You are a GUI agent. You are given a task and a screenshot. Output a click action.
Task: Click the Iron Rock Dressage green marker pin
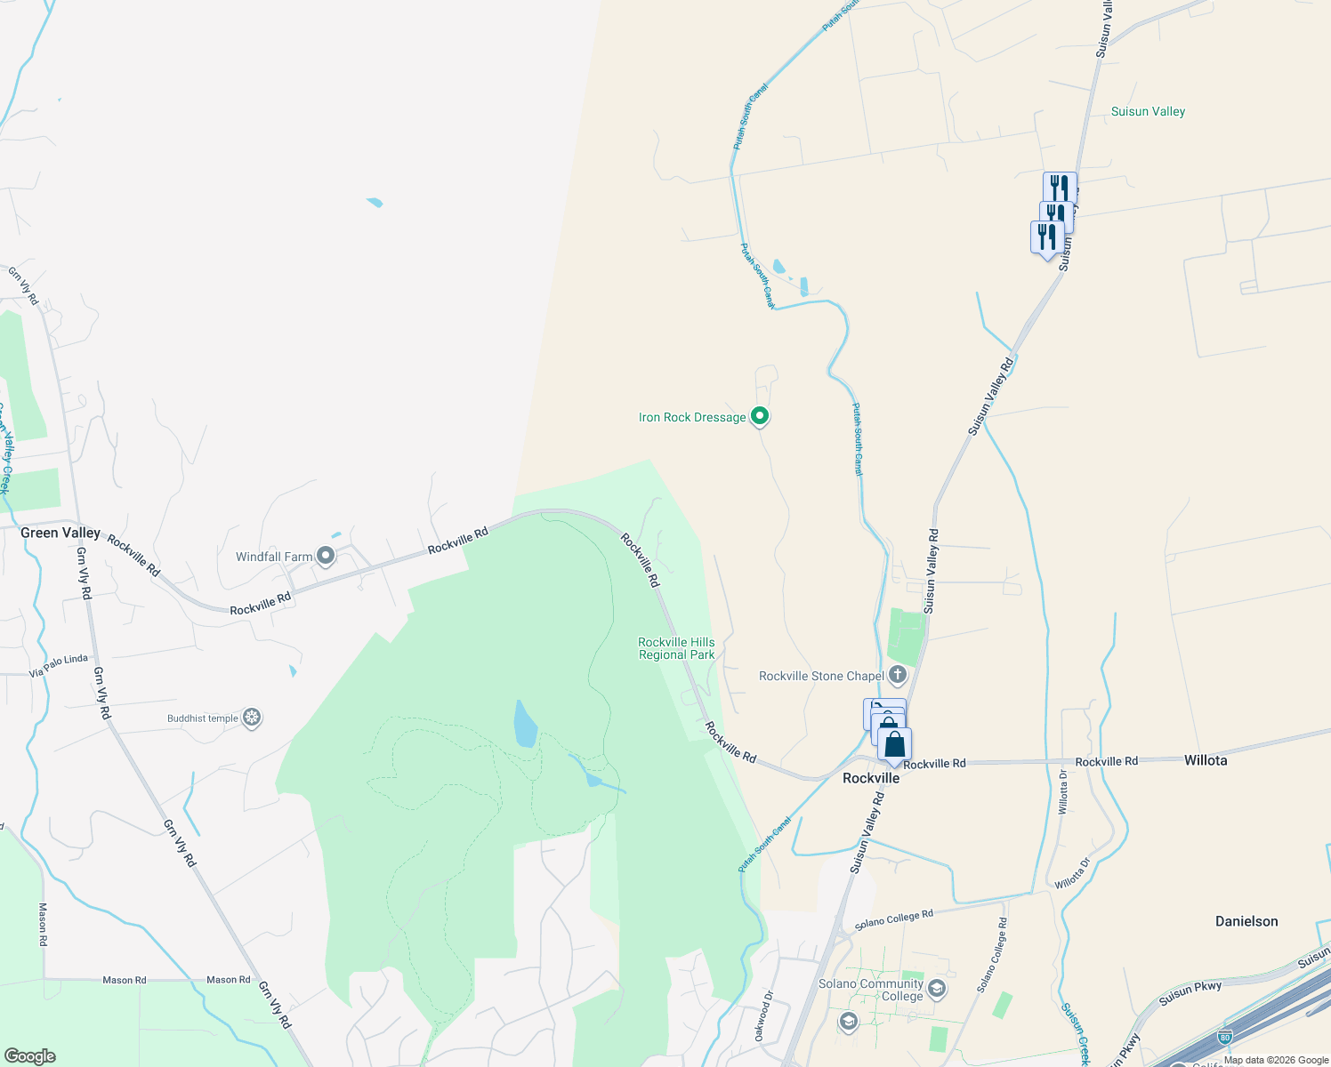(x=760, y=416)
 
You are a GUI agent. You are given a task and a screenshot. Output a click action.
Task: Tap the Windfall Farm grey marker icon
(x=326, y=557)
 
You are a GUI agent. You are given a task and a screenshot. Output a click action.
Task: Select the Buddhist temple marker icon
(x=252, y=718)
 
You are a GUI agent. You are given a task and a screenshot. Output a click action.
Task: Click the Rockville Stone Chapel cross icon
(x=898, y=676)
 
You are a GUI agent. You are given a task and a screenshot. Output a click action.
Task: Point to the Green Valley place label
(x=60, y=533)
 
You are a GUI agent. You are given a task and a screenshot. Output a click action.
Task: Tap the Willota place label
(x=1206, y=760)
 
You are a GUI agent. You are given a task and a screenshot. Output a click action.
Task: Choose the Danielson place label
(x=1246, y=921)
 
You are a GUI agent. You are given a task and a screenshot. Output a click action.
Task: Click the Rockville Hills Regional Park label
(x=676, y=648)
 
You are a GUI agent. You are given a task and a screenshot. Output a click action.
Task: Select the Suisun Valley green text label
(x=1148, y=111)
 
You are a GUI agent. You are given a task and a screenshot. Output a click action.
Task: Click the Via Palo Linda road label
(x=59, y=665)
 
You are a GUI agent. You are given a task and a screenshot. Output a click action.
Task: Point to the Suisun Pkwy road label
(x=1190, y=993)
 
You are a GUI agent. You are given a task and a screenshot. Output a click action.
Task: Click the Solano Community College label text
(x=871, y=990)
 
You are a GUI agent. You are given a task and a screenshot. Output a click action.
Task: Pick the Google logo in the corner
(x=30, y=1055)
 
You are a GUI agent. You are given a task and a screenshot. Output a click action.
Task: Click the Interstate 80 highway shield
(x=1225, y=1037)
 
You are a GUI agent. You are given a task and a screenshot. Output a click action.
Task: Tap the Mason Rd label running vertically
(x=43, y=929)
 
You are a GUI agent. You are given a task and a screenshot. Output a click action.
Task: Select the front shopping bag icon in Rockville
(x=895, y=744)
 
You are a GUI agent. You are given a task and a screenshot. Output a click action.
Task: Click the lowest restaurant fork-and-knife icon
(x=1047, y=237)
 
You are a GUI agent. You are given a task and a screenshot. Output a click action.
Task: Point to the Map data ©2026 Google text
(x=1276, y=1060)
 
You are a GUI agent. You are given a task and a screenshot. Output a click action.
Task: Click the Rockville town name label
(x=871, y=778)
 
